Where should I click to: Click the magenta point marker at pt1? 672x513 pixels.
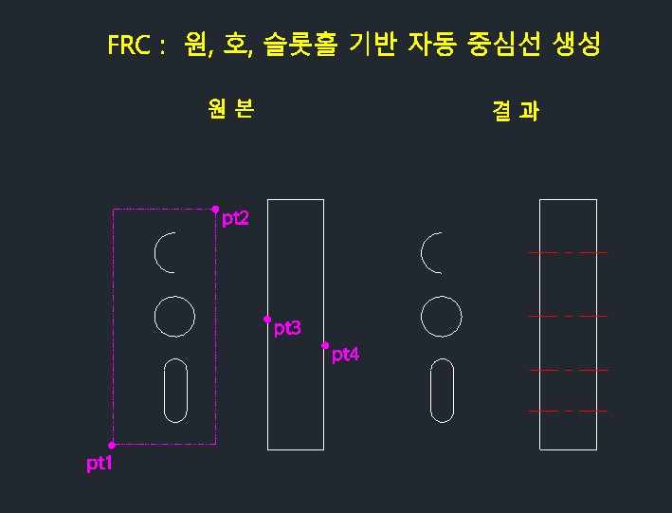click(x=112, y=445)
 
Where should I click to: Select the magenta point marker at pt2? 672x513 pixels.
click(x=215, y=209)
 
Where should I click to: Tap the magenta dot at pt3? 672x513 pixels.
click(x=267, y=320)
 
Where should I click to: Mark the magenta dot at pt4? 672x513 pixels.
click(x=325, y=345)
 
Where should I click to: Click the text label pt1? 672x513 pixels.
click(x=100, y=464)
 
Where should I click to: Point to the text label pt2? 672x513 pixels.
click(x=235, y=219)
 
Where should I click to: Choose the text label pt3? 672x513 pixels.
click(x=287, y=329)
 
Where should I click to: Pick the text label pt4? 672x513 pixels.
click(x=345, y=356)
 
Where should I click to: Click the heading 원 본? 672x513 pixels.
click(x=230, y=109)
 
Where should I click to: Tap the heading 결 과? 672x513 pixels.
click(x=516, y=111)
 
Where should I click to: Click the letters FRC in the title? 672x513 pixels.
click(x=130, y=46)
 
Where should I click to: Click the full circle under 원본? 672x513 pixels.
click(x=174, y=317)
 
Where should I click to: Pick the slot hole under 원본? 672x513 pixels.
click(x=175, y=390)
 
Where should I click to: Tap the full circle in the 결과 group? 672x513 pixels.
click(x=442, y=317)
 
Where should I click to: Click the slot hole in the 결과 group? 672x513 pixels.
click(x=443, y=390)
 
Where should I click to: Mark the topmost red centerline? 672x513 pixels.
click(x=568, y=253)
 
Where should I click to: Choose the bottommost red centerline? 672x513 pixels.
click(x=568, y=411)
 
